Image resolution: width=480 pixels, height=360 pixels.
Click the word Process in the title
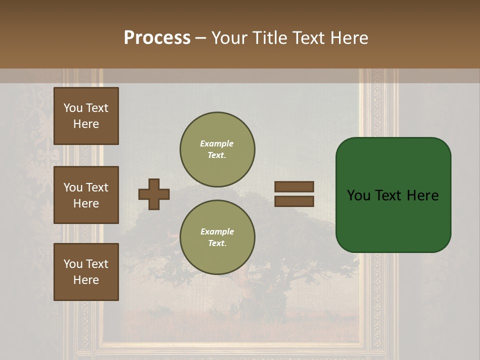[157, 38]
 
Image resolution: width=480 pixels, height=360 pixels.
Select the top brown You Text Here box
[86, 116]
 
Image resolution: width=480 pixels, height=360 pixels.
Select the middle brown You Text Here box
[86, 195]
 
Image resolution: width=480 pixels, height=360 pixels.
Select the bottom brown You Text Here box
[86, 272]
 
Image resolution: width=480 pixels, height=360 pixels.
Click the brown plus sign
[154, 194]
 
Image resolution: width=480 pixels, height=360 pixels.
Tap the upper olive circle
[217, 149]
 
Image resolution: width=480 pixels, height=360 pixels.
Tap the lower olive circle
[217, 237]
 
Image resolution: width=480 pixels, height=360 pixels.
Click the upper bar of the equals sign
[294, 186]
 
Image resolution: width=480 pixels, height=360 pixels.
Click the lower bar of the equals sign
[294, 201]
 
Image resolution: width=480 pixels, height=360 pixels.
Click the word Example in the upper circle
[217, 143]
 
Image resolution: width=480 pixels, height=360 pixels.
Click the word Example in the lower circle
[217, 231]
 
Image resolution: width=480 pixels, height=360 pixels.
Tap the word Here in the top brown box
[86, 124]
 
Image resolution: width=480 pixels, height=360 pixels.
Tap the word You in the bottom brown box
[73, 264]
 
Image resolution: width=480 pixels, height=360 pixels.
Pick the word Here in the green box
[422, 195]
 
